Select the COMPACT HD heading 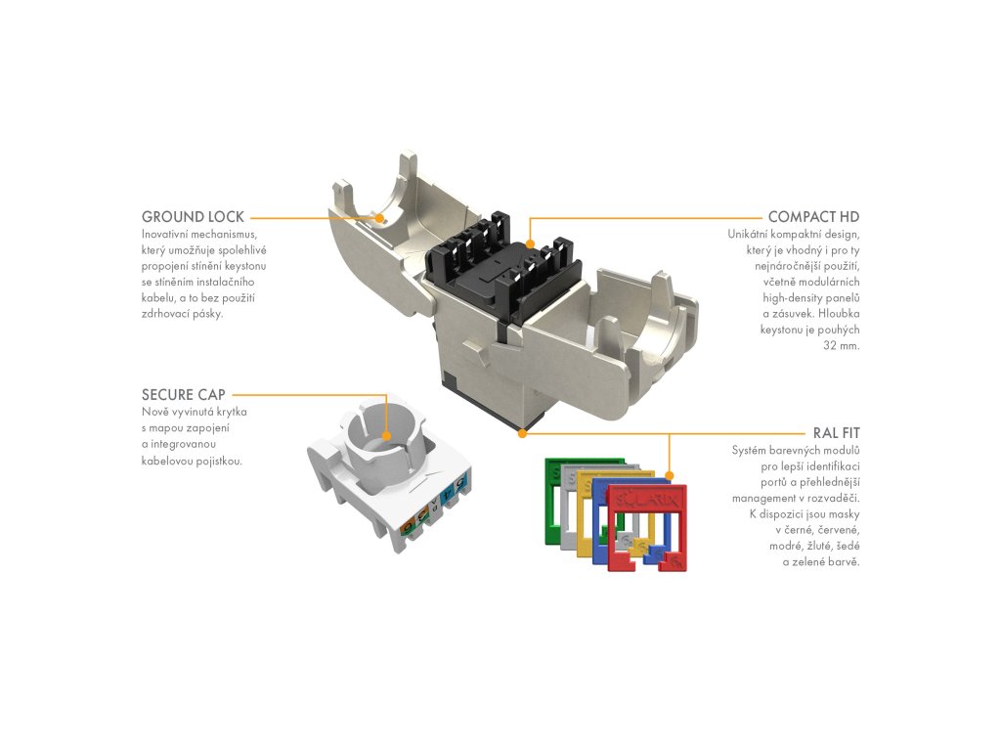813,217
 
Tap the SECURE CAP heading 184,395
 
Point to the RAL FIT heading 836,432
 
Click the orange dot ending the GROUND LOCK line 379,218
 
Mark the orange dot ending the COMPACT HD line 529,243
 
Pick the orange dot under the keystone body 523,431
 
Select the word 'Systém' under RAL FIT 751,450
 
